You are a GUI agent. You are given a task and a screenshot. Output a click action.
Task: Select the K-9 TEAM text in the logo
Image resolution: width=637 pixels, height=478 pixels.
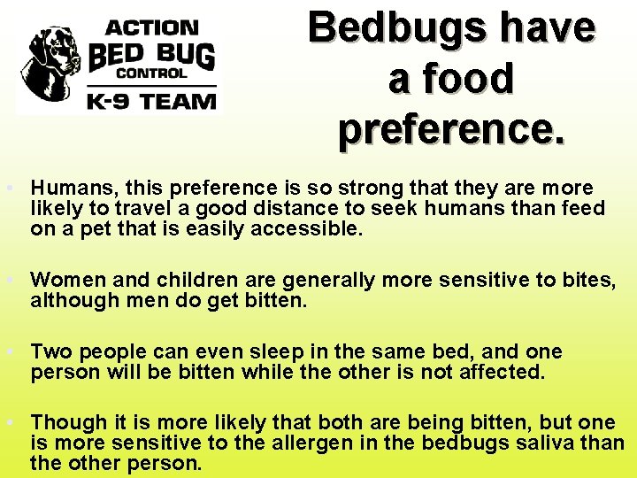150,100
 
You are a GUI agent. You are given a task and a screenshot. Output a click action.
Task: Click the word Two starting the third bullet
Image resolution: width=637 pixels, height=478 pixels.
48,351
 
